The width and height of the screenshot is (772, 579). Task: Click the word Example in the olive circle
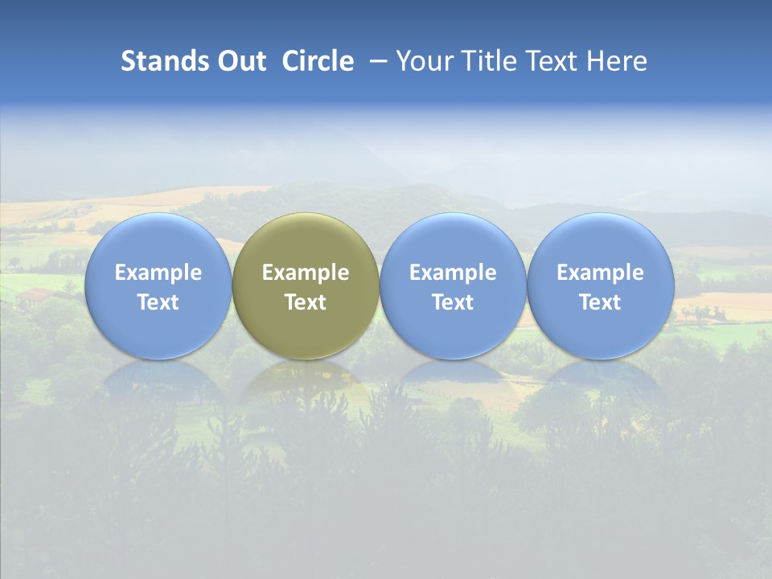[306, 273]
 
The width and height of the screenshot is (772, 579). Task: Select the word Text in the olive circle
[306, 302]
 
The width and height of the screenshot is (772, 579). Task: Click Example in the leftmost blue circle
[158, 273]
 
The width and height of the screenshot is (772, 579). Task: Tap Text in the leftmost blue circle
[158, 302]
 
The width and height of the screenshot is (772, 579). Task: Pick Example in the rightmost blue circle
[600, 273]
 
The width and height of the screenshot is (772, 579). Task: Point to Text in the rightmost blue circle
[600, 302]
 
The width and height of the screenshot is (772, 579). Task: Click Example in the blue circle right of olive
[453, 273]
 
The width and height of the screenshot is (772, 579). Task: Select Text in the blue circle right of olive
[453, 302]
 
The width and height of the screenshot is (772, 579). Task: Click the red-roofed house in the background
[35, 297]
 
